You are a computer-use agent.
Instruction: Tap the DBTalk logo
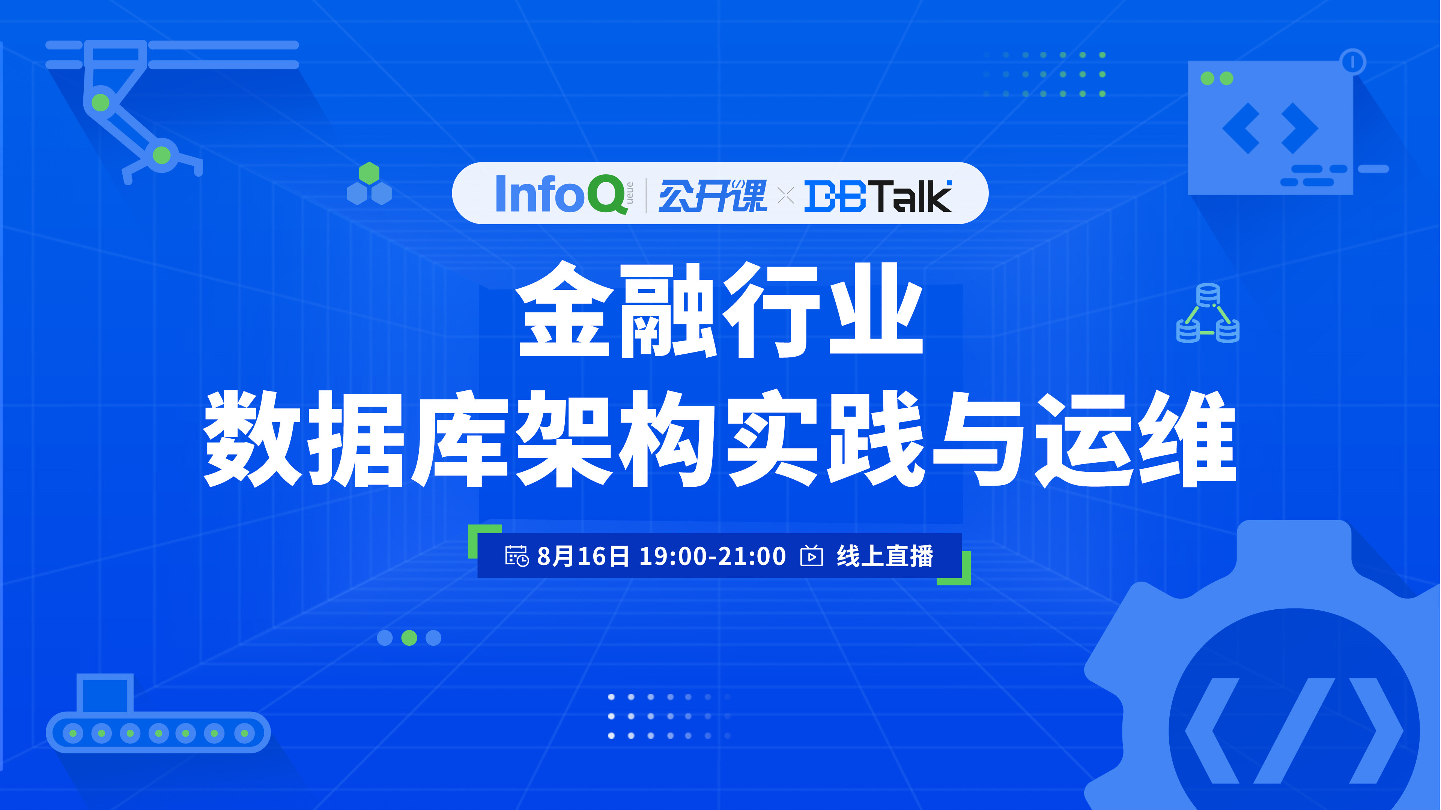click(878, 196)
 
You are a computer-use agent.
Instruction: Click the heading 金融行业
click(719, 311)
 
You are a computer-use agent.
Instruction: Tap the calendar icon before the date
click(516, 556)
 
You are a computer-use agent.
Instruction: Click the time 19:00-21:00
click(713, 556)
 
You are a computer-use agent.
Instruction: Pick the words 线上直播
click(885, 556)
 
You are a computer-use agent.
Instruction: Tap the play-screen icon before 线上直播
click(812, 556)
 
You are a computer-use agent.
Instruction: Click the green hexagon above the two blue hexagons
click(369, 173)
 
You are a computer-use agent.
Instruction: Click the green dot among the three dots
click(409, 638)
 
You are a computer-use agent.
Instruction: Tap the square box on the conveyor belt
click(105, 693)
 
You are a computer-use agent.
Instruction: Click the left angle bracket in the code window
click(1241, 129)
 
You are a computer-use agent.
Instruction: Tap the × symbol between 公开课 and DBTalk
click(786, 196)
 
